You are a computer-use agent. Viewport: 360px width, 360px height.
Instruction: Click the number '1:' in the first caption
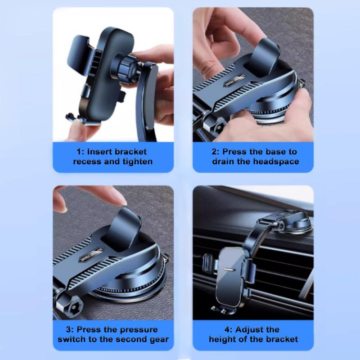point(80,152)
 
